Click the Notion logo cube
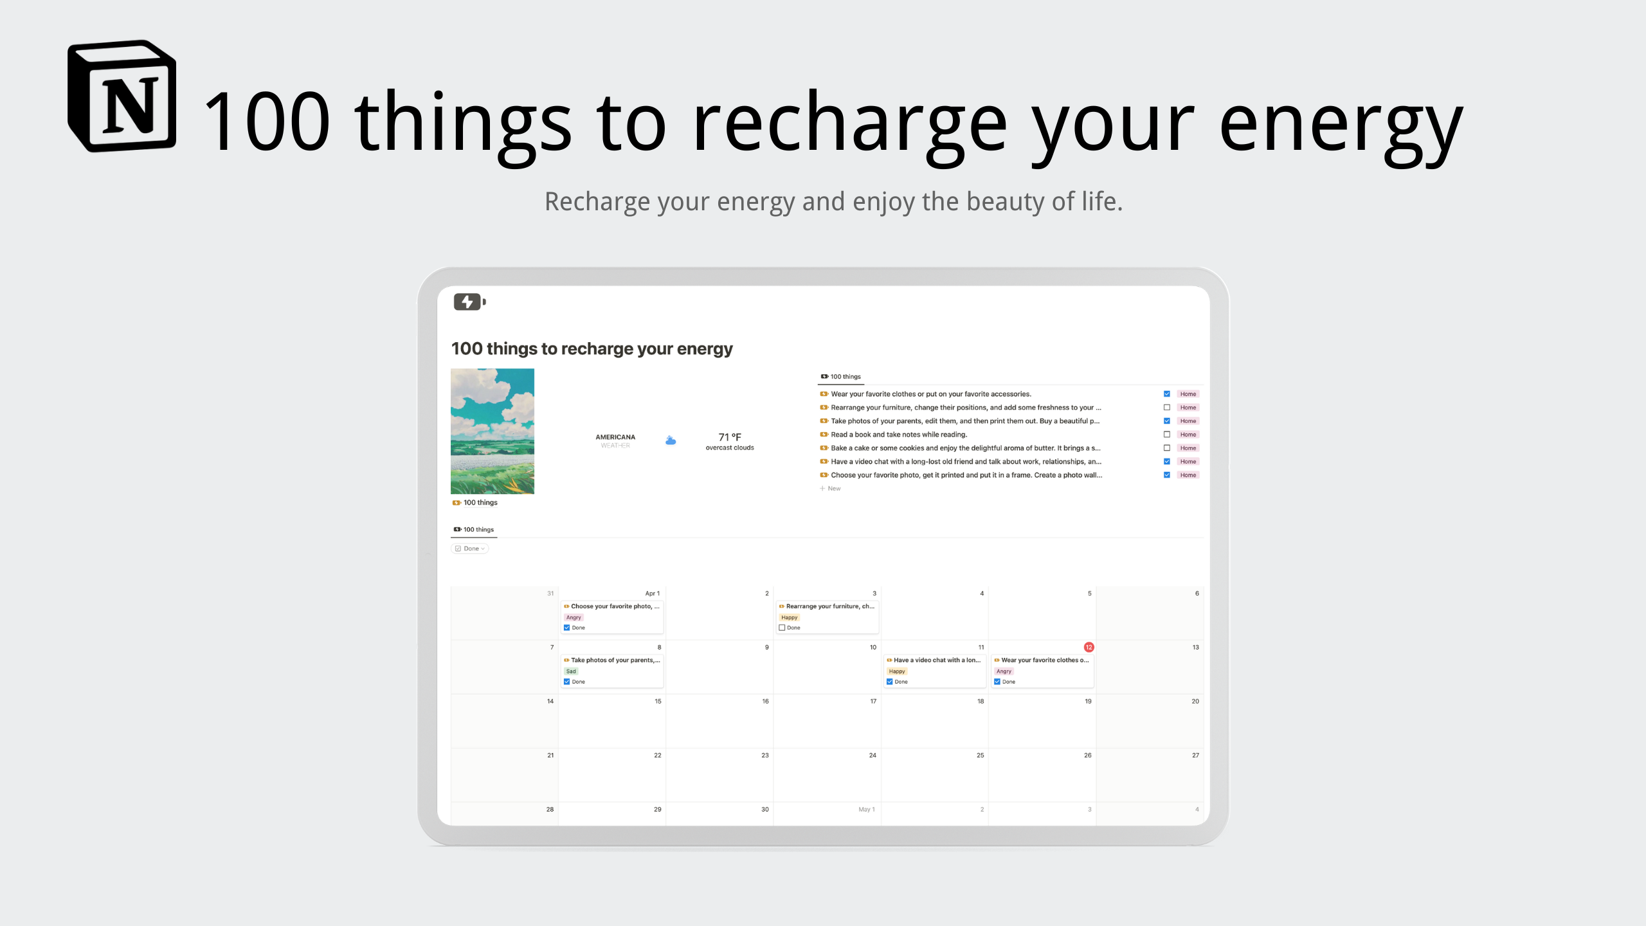[122, 96]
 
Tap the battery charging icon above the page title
[469, 302]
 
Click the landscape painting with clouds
[492, 431]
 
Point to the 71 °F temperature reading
[730, 437]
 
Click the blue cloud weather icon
[671, 440]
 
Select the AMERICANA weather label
[615, 437]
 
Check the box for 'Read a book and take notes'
[1166, 435]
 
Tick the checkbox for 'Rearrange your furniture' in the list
[1166, 408]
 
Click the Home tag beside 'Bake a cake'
[1188, 448]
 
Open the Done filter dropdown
[470, 549]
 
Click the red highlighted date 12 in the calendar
[1089, 647]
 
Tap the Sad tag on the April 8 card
[571, 671]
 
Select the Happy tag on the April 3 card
[789, 617]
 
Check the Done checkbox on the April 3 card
[782, 628]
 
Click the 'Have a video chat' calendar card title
[936, 660]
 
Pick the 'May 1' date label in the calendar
[866, 810]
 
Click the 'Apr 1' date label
[652, 594]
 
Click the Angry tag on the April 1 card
[574, 617]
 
